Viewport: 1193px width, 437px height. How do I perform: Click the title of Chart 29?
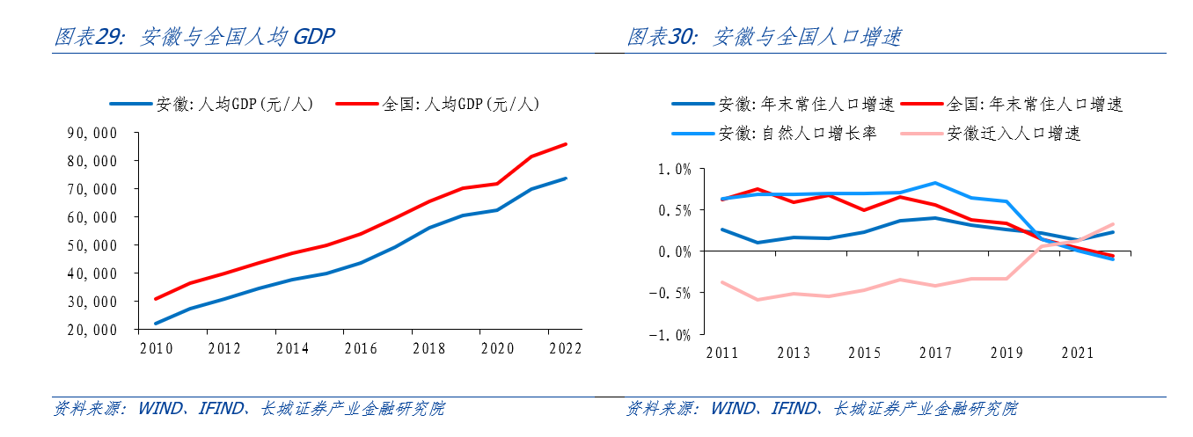(194, 37)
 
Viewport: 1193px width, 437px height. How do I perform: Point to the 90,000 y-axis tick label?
(92, 133)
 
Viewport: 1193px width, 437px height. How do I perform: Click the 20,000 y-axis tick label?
(92, 330)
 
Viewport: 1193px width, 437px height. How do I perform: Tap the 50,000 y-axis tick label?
(92, 245)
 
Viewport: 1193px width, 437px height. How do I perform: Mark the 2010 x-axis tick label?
(157, 348)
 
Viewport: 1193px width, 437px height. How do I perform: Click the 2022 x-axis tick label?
(565, 348)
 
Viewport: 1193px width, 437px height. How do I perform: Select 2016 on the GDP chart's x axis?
(361, 348)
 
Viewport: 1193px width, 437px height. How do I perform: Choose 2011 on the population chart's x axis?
(722, 353)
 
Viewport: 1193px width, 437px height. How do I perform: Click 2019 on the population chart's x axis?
(1006, 353)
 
